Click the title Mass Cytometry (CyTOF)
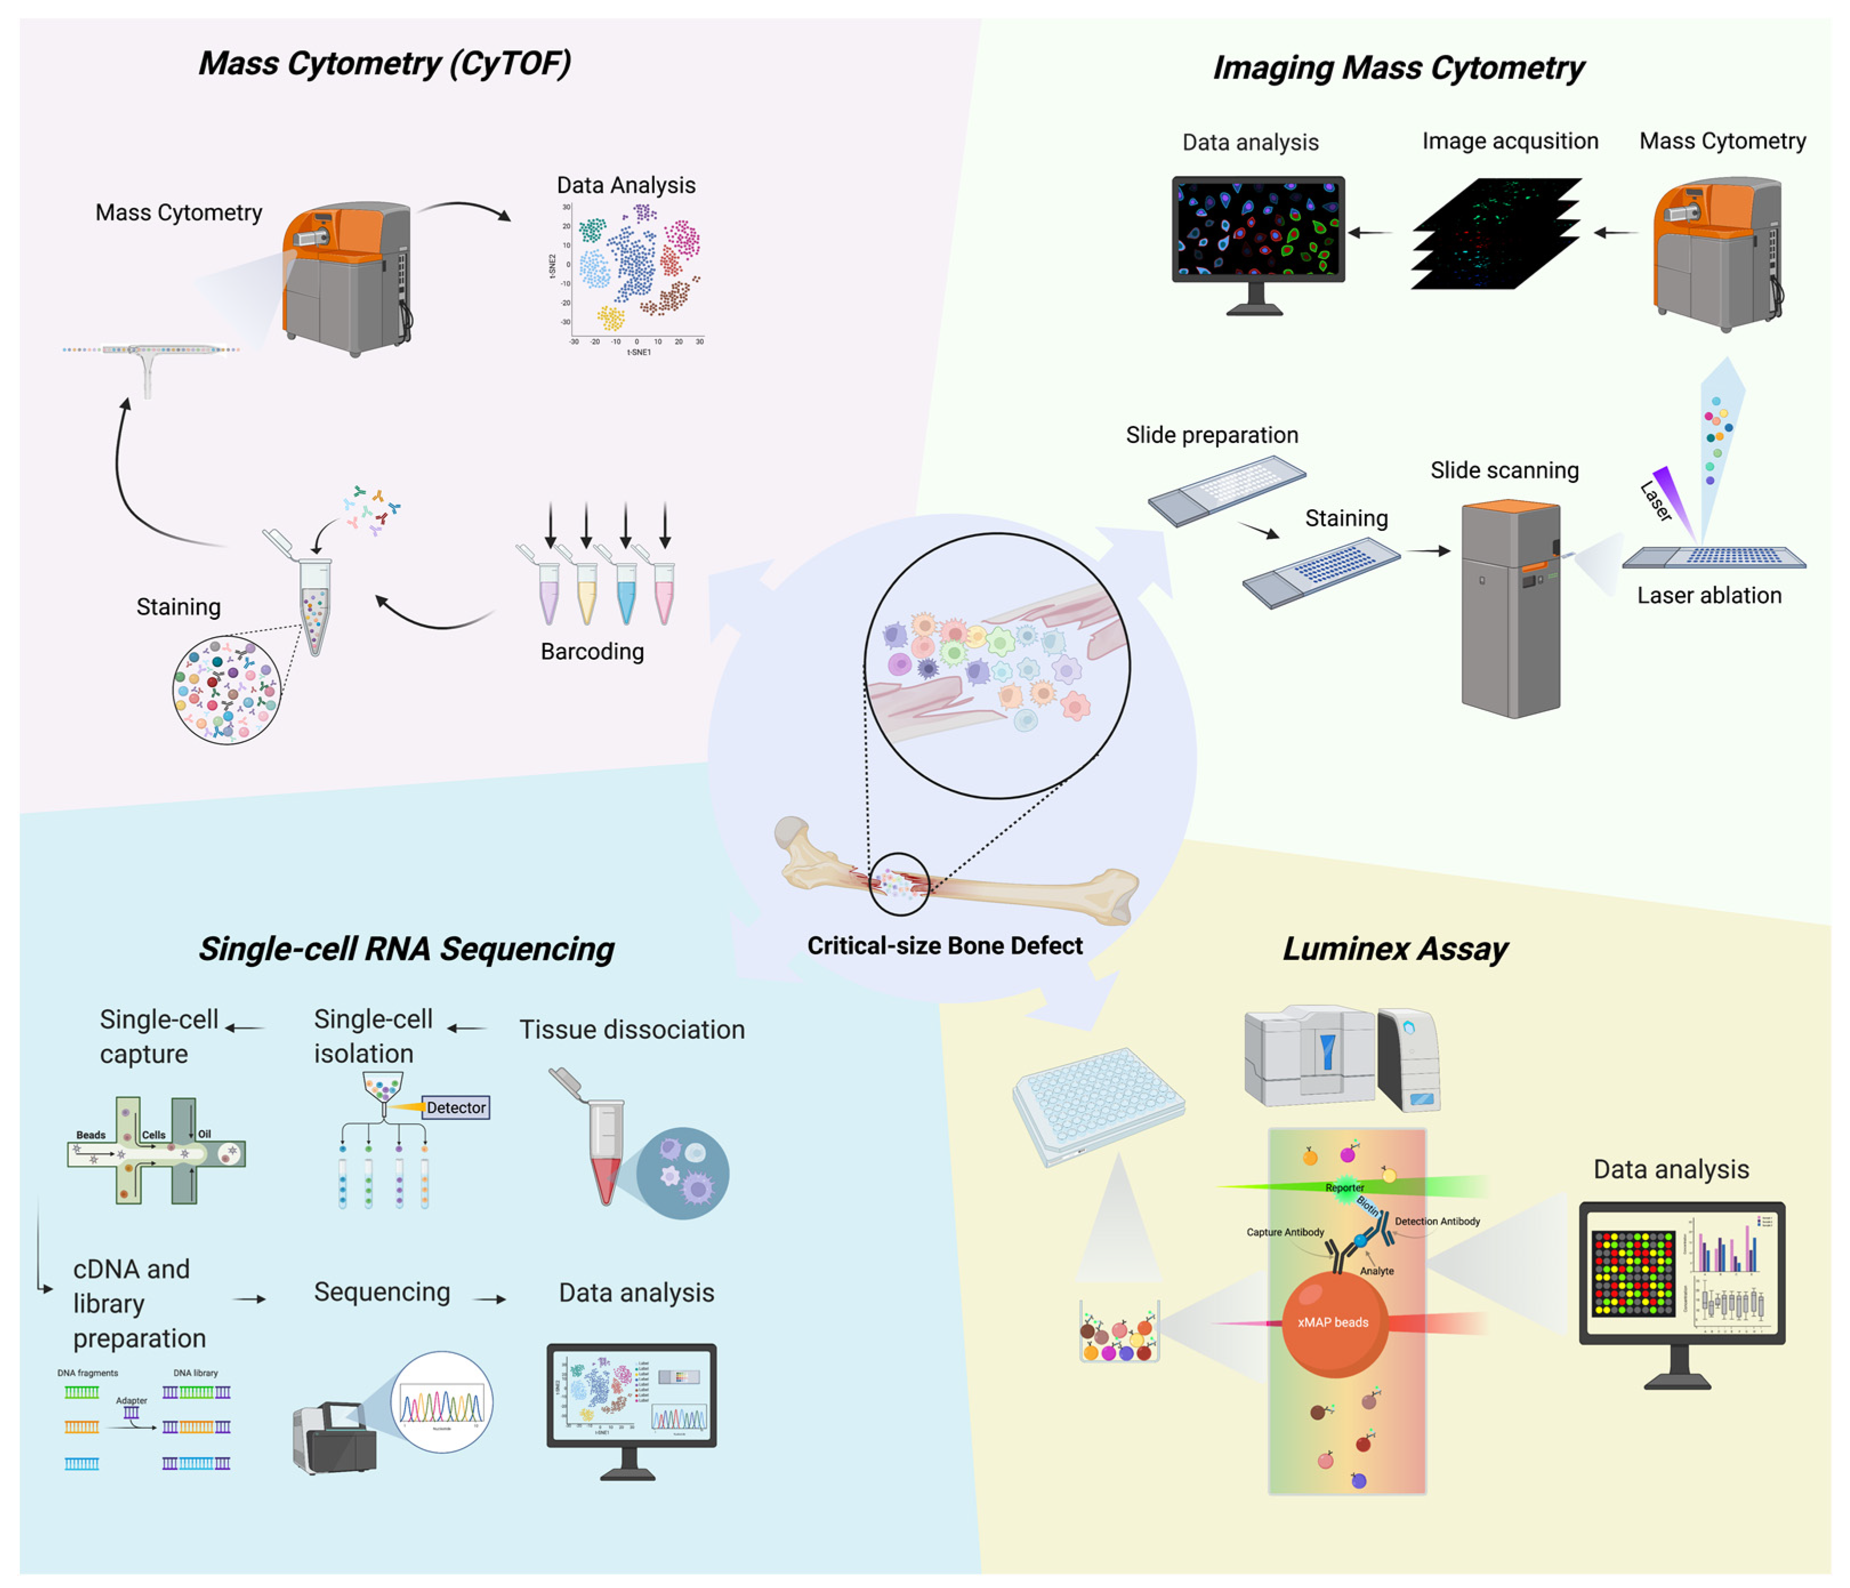pyautogui.click(x=385, y=63)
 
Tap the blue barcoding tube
pyautogui.click(x=626, y=594)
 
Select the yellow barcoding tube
pyautogui.click(x=587, y=594)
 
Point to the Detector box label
pyautogui.click(x=456, y=1108)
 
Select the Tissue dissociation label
pyautogui.click(x=631, y=1029)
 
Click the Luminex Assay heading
pyautogui.click(x=1394, y=949)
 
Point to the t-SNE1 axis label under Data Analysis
pyautogui.click(x=639, y=353)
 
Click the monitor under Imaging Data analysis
pyautogui.click(x=1257, y=230)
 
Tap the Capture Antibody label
pyautogui.click(x=1285, y=1232)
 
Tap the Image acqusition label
pyautogui.click(x=1510, y=141)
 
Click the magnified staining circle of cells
pyautogui.click(x=227, y=690)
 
